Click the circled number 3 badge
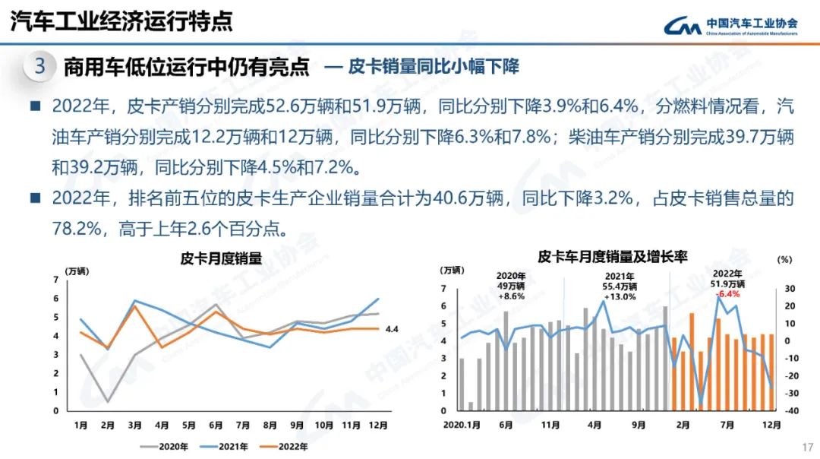[x=41, y=67]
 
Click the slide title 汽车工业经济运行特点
[x=121, y=22]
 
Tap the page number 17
[x=807, y=446]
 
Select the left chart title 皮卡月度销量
[x=221, y=258]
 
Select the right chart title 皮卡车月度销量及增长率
[x=612, y=257]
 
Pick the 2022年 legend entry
[x=289, y=447]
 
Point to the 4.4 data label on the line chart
[x=393, y=329]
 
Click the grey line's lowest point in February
[x=108, y=401]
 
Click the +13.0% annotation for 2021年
[x=620, y=296]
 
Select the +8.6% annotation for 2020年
[x=511, y=296]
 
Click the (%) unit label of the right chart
[x=784, y=260]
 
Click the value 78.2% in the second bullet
[x=74, y=228]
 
